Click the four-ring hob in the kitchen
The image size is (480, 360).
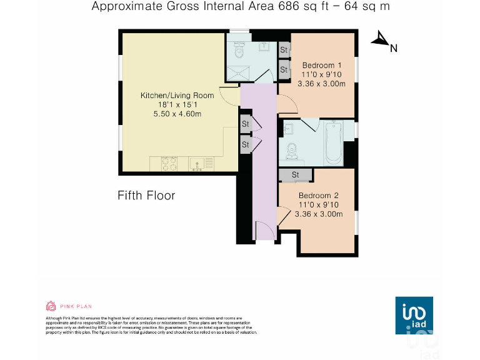169,164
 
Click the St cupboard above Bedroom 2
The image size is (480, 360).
296,174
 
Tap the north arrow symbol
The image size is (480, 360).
379,40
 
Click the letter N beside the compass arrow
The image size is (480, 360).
394,47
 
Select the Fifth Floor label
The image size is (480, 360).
146,196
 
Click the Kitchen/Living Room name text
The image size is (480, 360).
177,96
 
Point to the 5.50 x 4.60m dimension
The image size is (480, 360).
177,114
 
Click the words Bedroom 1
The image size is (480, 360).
321,65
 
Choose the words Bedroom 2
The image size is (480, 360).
319,195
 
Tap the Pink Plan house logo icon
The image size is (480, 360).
51,306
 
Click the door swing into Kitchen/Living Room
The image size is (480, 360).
229,95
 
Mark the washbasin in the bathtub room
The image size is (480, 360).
289,129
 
